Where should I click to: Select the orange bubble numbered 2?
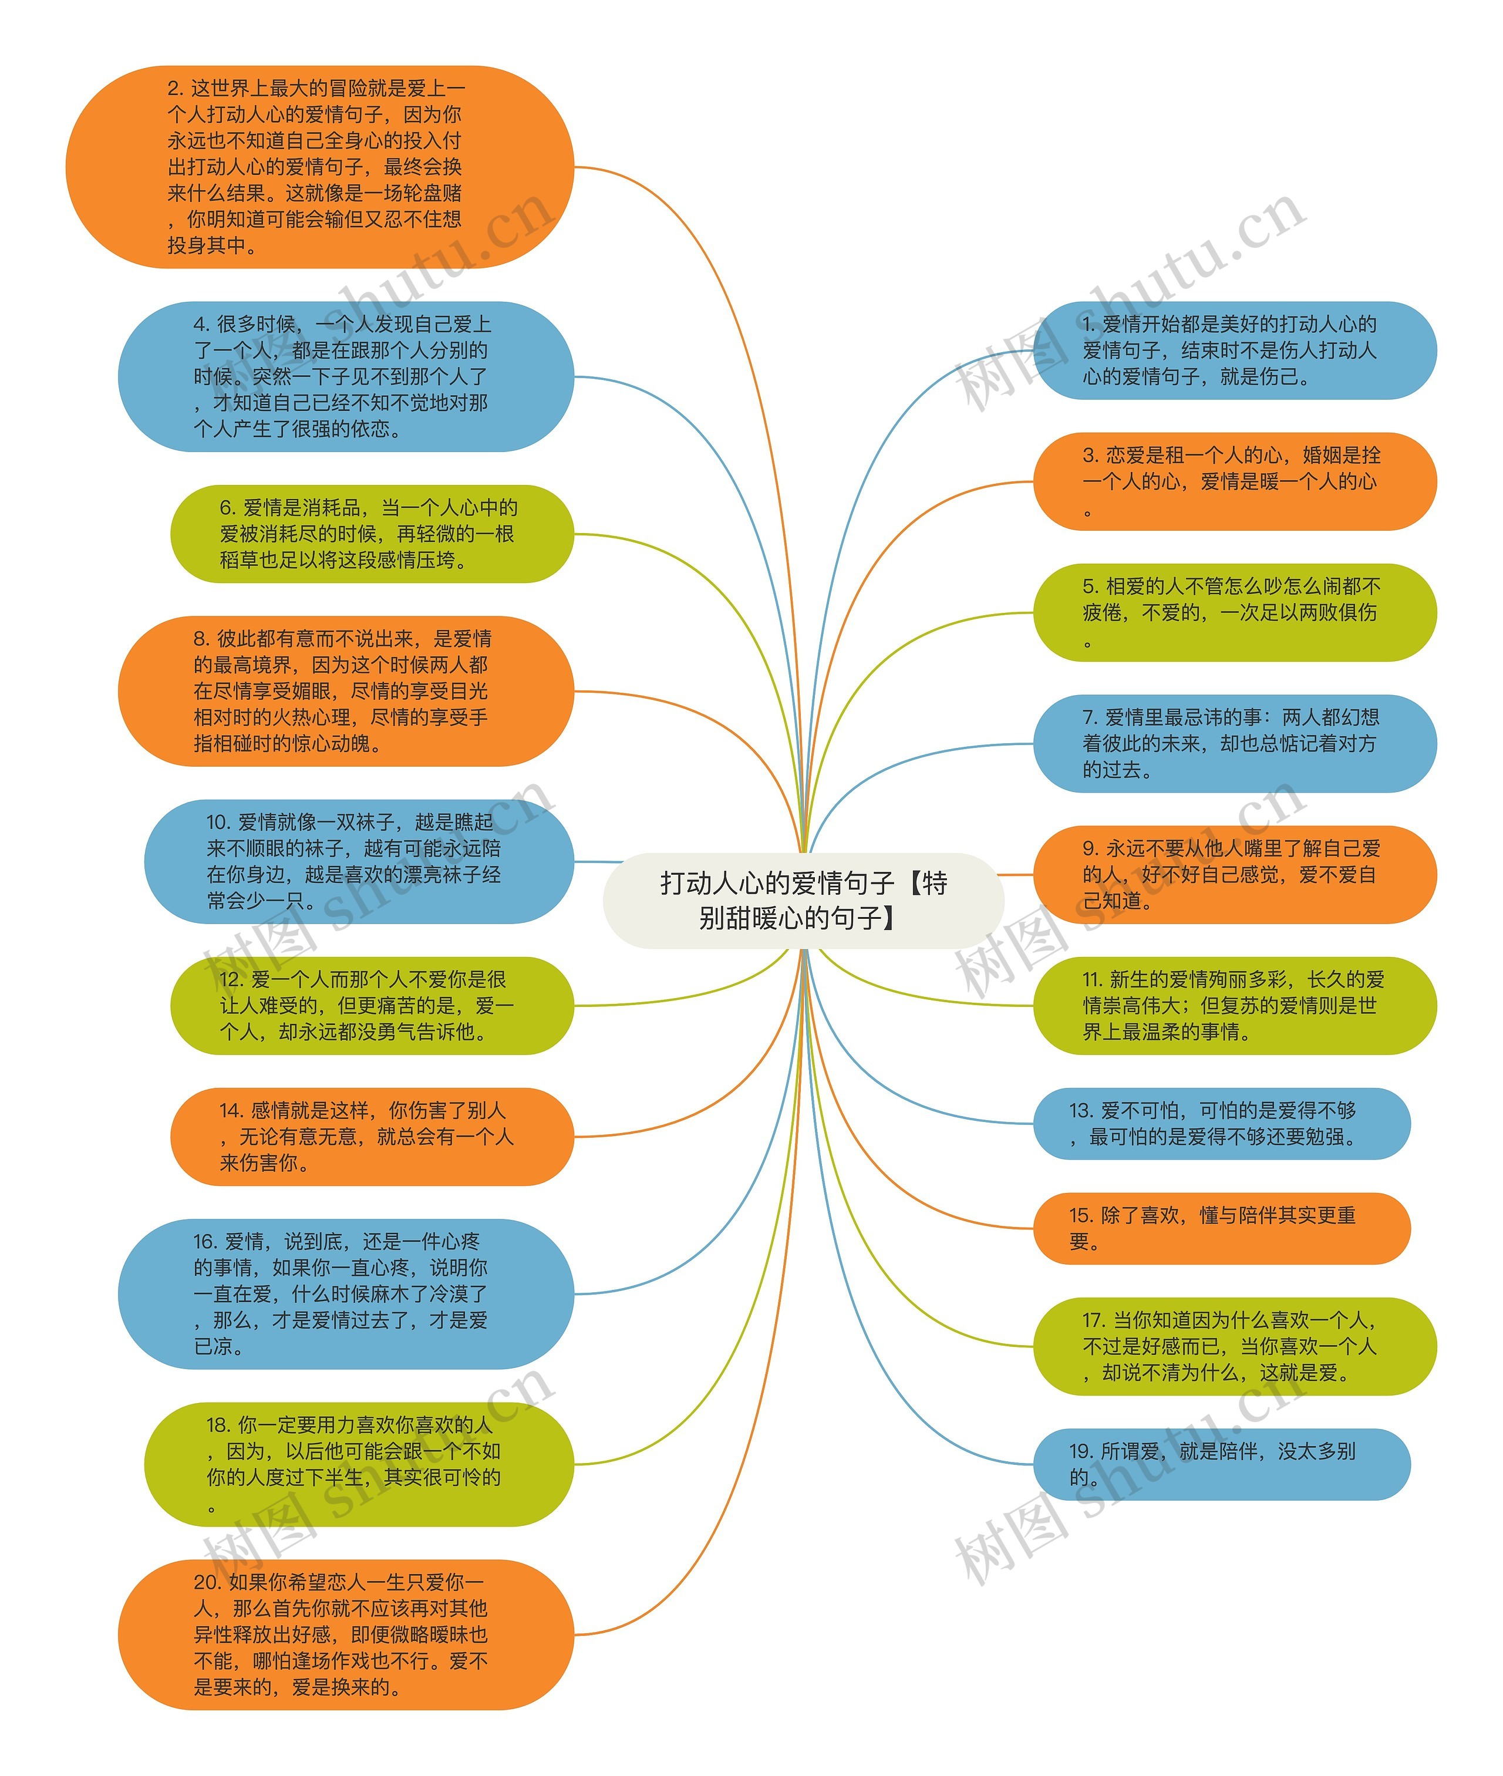tap(319, 167)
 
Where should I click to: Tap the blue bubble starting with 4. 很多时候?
tap(345, 376)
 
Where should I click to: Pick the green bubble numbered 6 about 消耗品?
tap(372, 534)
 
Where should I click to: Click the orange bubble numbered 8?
tap(345, 691)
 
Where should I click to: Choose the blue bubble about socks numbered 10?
tap(358, 861)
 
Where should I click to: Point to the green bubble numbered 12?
tap(372, 1005)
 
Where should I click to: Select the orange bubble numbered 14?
tap(372, 1136)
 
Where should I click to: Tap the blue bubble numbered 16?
tap(345, 1294)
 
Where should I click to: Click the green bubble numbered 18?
tap(358, 1464)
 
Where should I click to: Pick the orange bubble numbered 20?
tap(345, 1635)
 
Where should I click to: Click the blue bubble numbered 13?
tap(1221, 1124)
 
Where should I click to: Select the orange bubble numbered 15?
tap(1221, 1228)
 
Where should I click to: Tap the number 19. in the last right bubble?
tap(1080, 1451)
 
